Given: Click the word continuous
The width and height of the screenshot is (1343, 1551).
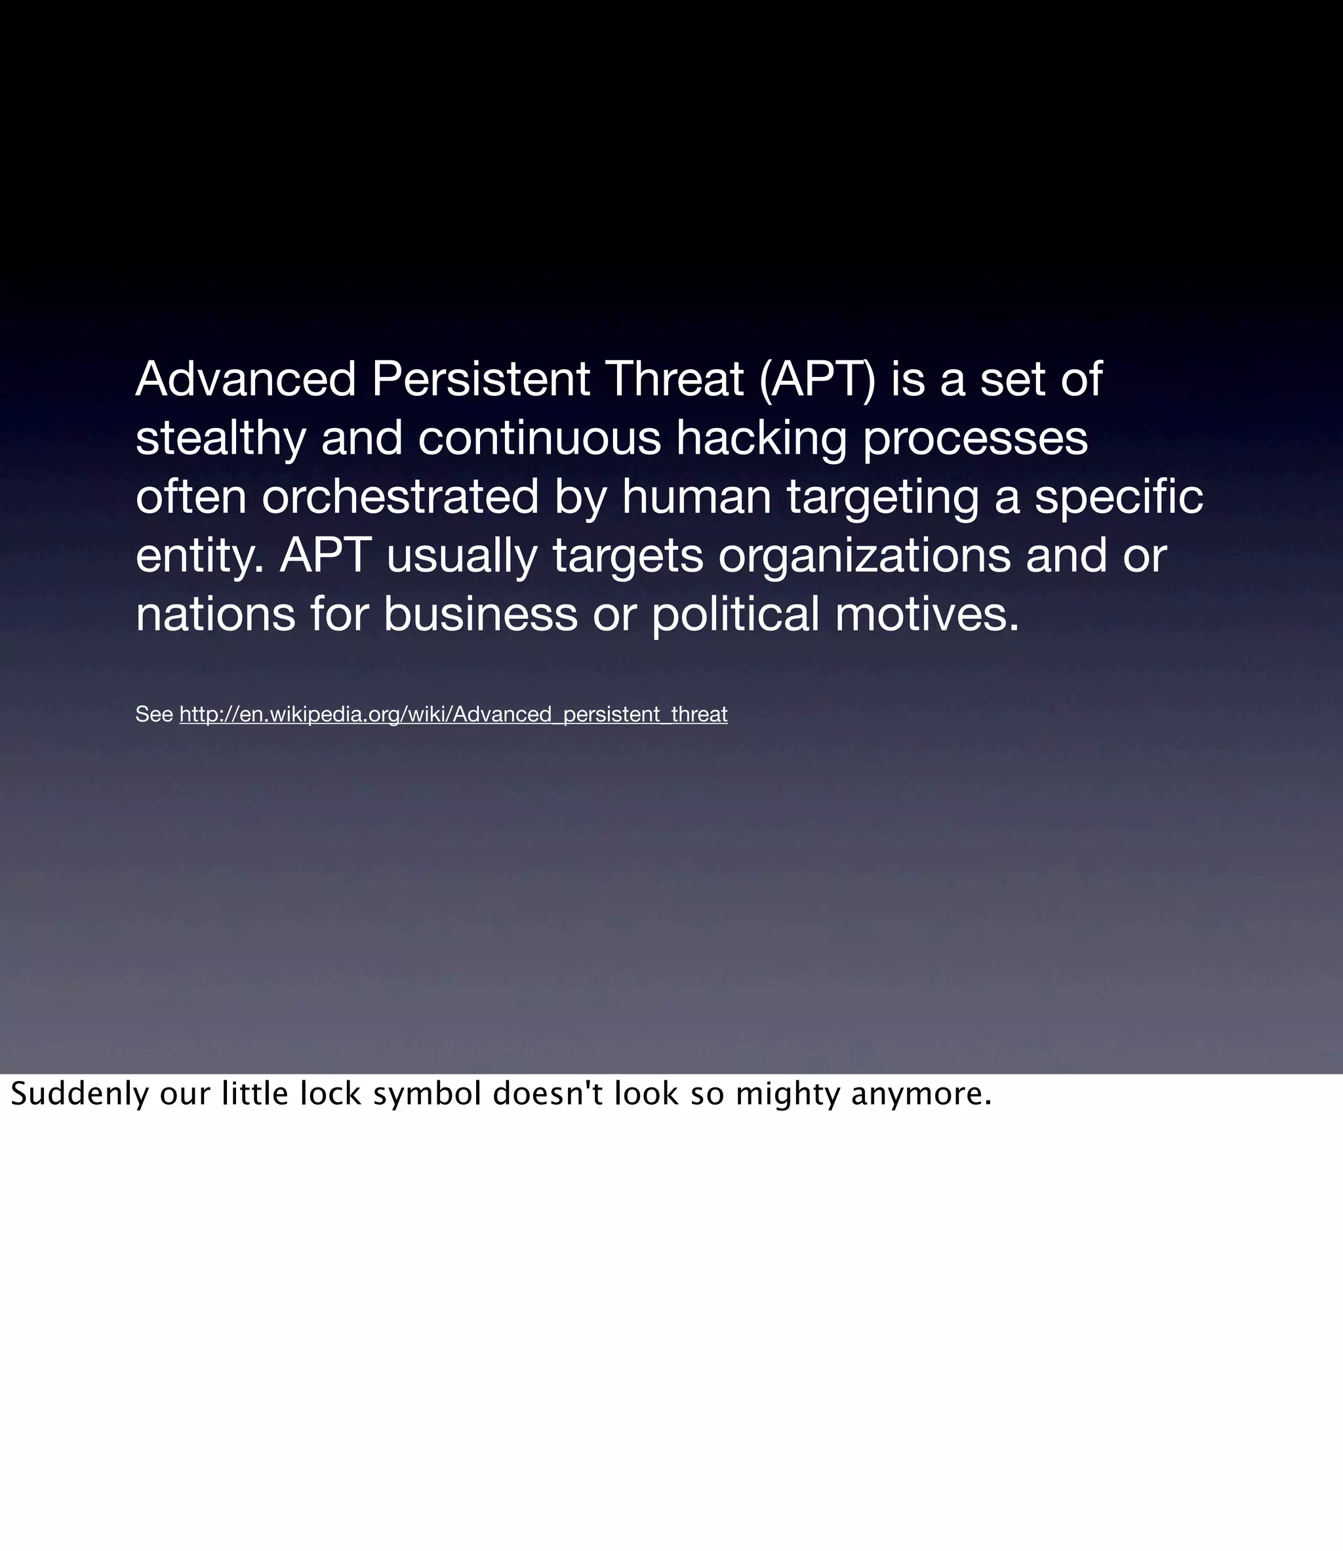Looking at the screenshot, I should coord(539,438).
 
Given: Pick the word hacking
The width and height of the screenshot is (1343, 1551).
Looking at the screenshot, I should coord(761,438).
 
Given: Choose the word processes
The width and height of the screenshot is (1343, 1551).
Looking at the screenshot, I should coord(975,439).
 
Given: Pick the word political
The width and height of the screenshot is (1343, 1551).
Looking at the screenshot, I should coord(735,614).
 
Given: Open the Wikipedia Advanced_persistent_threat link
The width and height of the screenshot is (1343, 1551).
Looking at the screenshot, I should coord(453,714).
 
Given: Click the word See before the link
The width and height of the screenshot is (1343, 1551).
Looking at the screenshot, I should coord(154,714).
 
